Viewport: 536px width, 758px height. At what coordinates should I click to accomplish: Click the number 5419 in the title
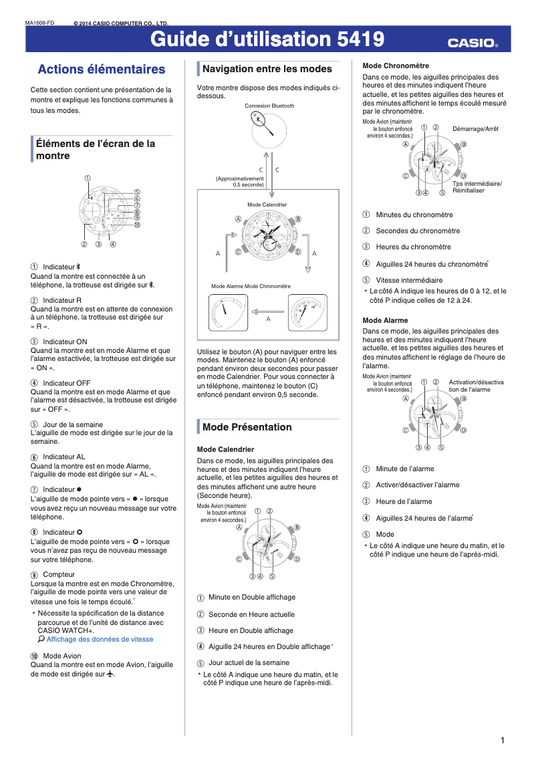coord(360,40)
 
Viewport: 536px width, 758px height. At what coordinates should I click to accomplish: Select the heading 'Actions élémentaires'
coord(102,70)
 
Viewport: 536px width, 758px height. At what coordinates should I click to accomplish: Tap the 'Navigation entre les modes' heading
coord(267,69)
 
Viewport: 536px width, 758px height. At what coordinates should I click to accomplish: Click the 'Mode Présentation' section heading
coord(247,427)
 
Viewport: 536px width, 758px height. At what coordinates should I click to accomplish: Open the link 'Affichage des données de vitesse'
coord(100,639)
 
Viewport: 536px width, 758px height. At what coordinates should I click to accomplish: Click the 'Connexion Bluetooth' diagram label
coord(269,106)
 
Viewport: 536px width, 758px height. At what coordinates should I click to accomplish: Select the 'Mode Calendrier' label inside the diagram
coord(267,204)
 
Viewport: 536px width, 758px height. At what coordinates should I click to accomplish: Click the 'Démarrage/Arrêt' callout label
coord(475,128)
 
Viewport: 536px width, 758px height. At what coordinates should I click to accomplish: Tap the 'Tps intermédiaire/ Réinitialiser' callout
coord(477,187)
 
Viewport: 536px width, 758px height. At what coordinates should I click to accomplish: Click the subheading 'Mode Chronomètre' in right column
coord(396,66)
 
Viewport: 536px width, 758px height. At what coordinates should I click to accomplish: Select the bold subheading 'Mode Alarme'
coord(385,320)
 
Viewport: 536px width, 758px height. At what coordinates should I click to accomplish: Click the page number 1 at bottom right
coord(502,740)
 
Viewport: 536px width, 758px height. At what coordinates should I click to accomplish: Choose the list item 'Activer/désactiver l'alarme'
coord(417,485)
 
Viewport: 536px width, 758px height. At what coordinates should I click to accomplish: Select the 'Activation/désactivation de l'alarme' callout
coord(475,386)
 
